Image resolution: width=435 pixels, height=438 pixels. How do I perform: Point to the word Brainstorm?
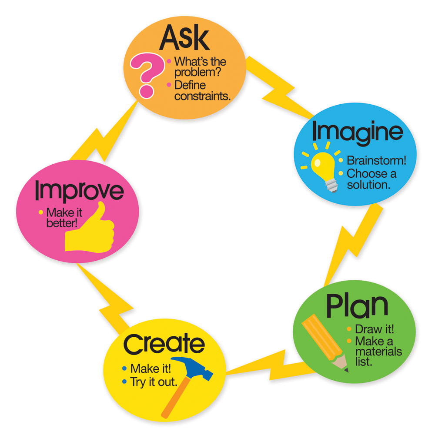click(x=376, y=160)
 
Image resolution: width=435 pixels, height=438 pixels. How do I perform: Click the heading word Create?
click(x=164, y=344)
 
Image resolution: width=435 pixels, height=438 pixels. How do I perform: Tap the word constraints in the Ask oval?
click(x=202, y=96)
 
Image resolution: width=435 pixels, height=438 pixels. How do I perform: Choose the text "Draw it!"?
click(x=371, y=329)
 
